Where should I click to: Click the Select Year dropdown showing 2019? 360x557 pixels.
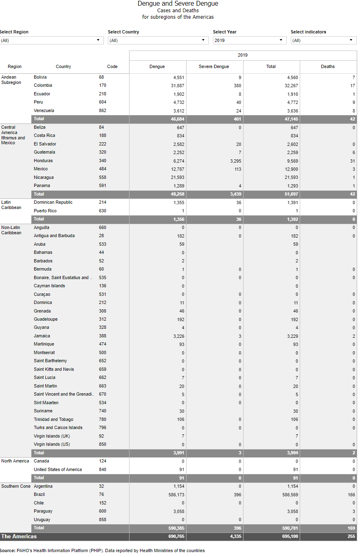248,40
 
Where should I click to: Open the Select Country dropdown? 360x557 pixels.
158,40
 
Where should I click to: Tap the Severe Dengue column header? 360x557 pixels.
214,66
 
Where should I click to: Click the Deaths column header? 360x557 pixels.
328,66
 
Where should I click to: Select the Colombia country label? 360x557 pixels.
43,86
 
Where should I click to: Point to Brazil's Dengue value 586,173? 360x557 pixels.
173,495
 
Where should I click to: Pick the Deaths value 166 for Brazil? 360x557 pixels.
351,495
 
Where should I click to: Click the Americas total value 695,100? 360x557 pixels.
290,537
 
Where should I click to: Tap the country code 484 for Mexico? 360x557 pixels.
102,169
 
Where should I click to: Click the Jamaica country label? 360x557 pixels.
42,336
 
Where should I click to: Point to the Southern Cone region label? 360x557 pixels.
16,486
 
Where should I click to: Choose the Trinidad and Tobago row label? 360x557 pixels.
53,419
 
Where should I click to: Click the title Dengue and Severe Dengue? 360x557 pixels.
178,4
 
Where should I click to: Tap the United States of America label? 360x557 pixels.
58,469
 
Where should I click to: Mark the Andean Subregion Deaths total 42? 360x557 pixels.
352,119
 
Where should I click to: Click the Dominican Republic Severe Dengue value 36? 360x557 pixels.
238,203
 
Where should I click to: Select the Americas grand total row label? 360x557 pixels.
19,536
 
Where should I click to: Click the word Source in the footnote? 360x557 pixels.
7,550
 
